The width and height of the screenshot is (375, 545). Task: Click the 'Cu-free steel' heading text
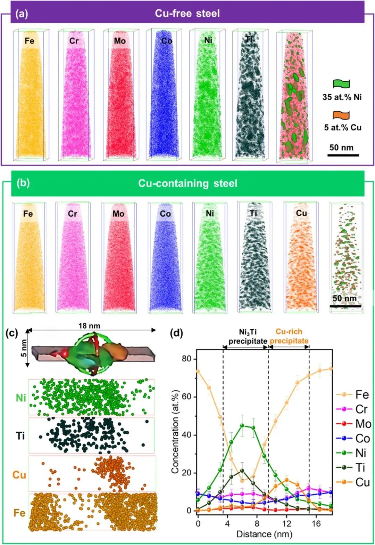click(187, 14)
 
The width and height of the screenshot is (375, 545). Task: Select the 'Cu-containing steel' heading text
click(187, 183)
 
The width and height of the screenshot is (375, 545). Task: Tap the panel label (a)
click(22, 14)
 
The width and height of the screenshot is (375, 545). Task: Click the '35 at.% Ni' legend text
click(342, 97)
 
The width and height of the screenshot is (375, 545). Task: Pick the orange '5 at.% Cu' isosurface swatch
click(341, 115)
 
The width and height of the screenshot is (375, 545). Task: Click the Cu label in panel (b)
click(301, 213)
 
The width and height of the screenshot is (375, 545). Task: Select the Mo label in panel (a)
click(120, 41)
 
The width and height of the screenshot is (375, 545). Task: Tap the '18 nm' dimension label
click(89, 326)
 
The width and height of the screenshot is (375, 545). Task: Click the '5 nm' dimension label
click(24, 348)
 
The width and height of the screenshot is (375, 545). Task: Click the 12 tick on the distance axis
click(286, 524)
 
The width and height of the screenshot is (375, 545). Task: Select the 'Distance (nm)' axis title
click(264, 534)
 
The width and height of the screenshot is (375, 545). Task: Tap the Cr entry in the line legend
click(361, 409)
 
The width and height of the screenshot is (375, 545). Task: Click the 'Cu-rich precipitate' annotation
click(289, 336)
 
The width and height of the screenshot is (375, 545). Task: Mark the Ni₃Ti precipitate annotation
click(248, 336)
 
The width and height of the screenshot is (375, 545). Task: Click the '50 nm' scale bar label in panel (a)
click(341, 147)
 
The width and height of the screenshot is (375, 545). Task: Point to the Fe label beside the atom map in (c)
click(19, 513)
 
